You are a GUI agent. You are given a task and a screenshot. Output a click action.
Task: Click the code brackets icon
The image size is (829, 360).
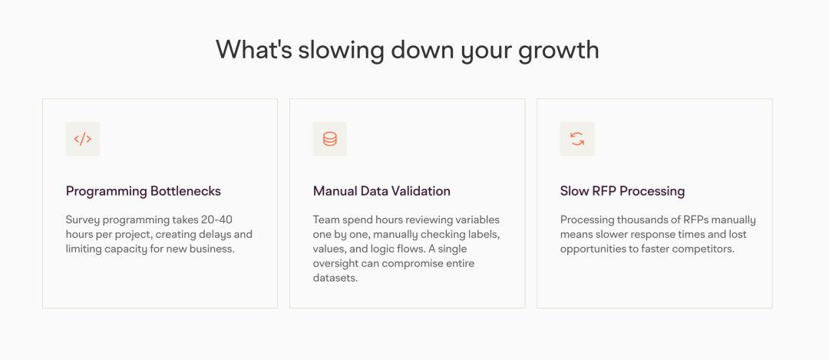[82, 139]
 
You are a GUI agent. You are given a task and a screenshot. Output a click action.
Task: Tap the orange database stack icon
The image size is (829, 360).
[330, 139]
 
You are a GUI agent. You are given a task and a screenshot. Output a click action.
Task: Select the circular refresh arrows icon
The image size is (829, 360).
[577, 139]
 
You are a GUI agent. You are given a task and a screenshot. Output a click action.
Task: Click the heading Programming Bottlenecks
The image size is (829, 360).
[144, 191]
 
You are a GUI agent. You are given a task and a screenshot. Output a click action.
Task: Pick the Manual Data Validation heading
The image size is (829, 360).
[381, 191]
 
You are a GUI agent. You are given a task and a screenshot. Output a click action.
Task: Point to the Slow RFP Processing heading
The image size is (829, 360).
[623, 191]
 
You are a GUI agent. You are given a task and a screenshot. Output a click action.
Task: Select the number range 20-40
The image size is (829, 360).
[216, 220]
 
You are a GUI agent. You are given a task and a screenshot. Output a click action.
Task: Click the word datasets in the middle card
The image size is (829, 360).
[335, 278]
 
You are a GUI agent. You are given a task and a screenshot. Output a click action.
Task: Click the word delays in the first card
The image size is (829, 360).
[213, 234]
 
